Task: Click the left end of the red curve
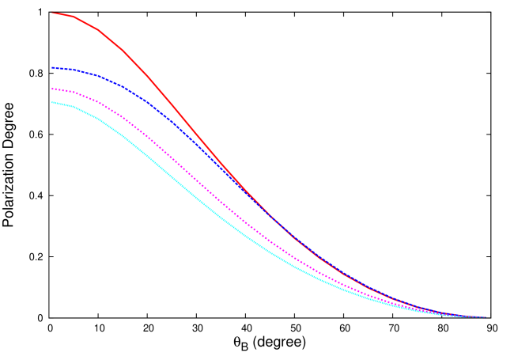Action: coord(52,13)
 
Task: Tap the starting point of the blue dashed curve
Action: coord(52,68)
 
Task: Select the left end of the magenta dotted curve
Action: coord(52,89)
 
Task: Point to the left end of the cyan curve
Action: coord(52,102)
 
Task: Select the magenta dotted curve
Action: coord(182,169)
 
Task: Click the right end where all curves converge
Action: coord(484,317)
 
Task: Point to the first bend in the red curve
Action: coord(74,16)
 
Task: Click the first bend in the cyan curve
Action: coord(74,106)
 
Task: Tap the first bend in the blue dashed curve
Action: coord(74,70)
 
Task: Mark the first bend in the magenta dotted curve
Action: coord(74,93)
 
